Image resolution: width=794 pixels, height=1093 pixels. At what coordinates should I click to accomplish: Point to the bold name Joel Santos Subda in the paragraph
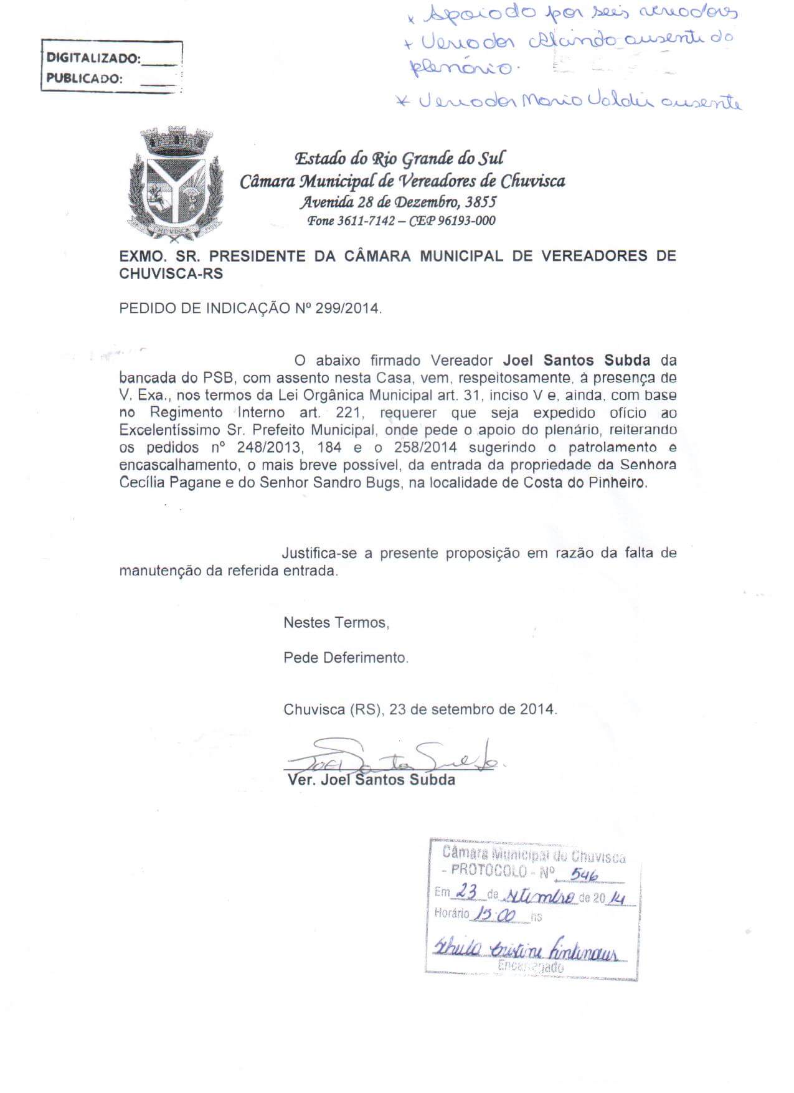[x=576, y=360]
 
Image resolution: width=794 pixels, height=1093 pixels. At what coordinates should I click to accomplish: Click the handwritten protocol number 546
[x=584, y=875]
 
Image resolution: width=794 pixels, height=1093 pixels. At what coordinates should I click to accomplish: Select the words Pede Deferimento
[x=346, y=657]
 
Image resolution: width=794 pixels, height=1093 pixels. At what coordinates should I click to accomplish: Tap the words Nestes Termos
[x=336, y=622]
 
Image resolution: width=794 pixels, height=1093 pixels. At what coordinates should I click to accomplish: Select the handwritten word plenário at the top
[x=461, y=66]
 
